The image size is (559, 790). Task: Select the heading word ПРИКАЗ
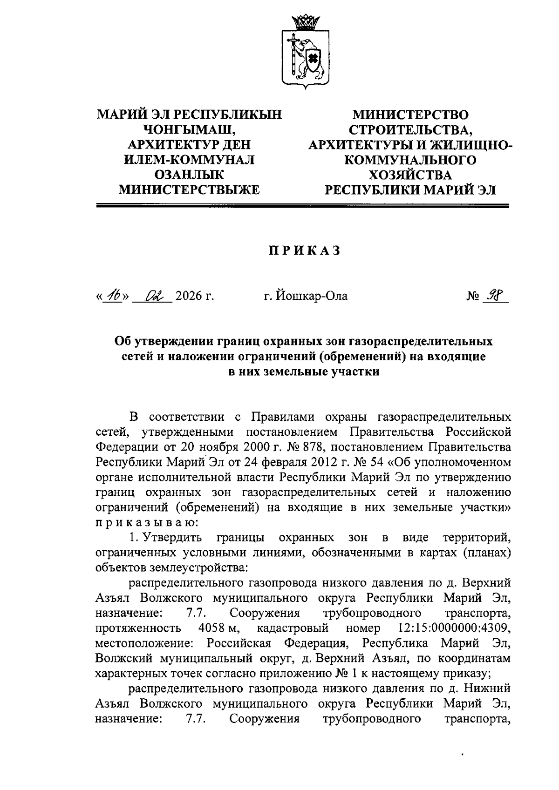pyautogui.click(x=304, y=250)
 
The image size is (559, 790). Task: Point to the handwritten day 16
pyautogui.click(x=113, y=296)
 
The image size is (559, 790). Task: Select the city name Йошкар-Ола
pyautogui.click(x=306, y=296)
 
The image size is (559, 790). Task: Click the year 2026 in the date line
pyautogui.click(x=188, y=296)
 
